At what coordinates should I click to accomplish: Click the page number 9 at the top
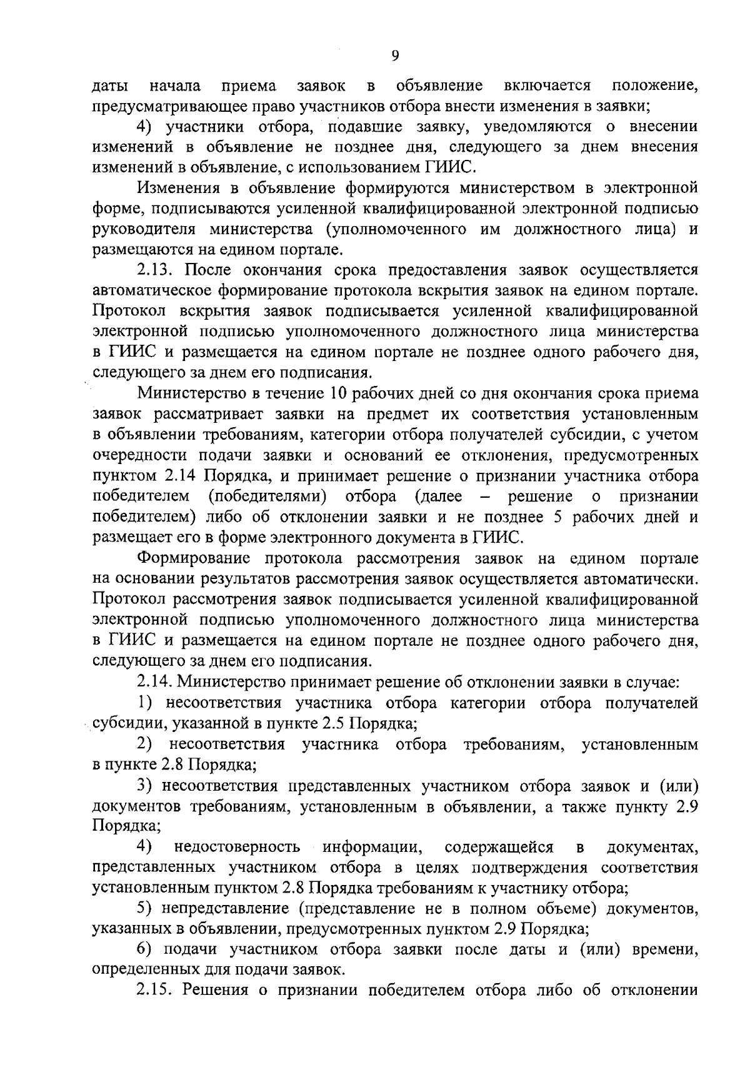point(394,56)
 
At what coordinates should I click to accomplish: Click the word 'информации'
point(371,847)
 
